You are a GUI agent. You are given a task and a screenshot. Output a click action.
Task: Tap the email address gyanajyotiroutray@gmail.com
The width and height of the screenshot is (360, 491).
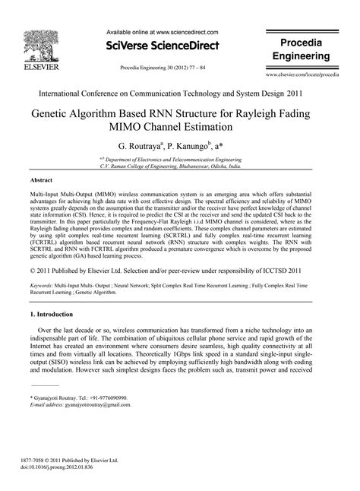pos(97,406)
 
